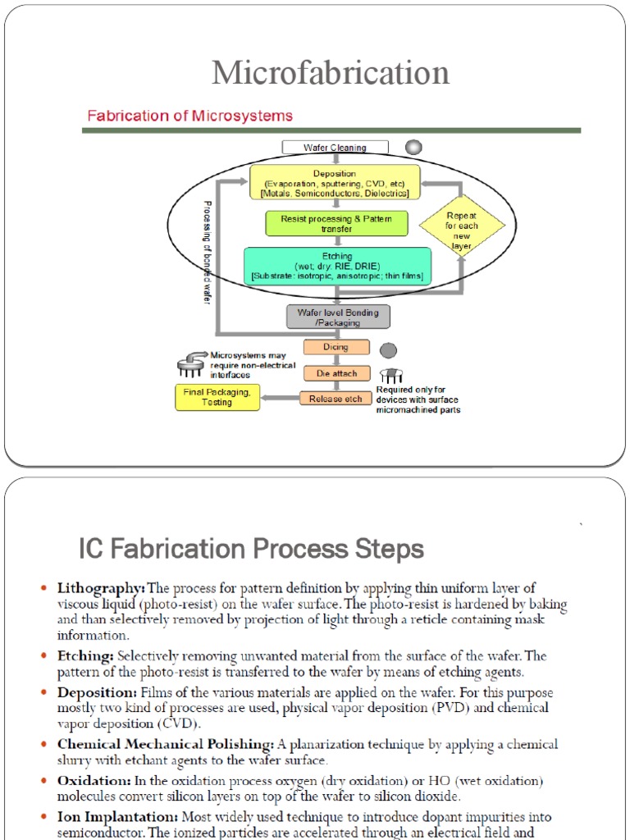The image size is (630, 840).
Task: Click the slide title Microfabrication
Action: [331, 73]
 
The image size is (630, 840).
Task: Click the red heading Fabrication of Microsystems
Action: [189, 116]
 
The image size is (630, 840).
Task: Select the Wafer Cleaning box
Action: [335, 148]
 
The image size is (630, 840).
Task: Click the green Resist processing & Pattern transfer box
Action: [336, 224]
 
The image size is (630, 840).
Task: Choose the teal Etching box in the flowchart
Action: [336, 267]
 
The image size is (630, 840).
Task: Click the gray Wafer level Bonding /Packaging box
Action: [337, 317]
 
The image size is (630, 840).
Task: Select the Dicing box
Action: [336, 347]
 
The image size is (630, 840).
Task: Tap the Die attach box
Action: [336, 373]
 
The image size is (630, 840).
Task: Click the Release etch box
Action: [336, 399]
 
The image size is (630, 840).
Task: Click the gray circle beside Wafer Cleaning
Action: [414, 147]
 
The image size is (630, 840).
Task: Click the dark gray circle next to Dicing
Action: [388, 350]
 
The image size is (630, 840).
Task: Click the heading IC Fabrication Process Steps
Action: [251, 548]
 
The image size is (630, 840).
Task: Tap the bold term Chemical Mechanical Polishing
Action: [165, 744]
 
